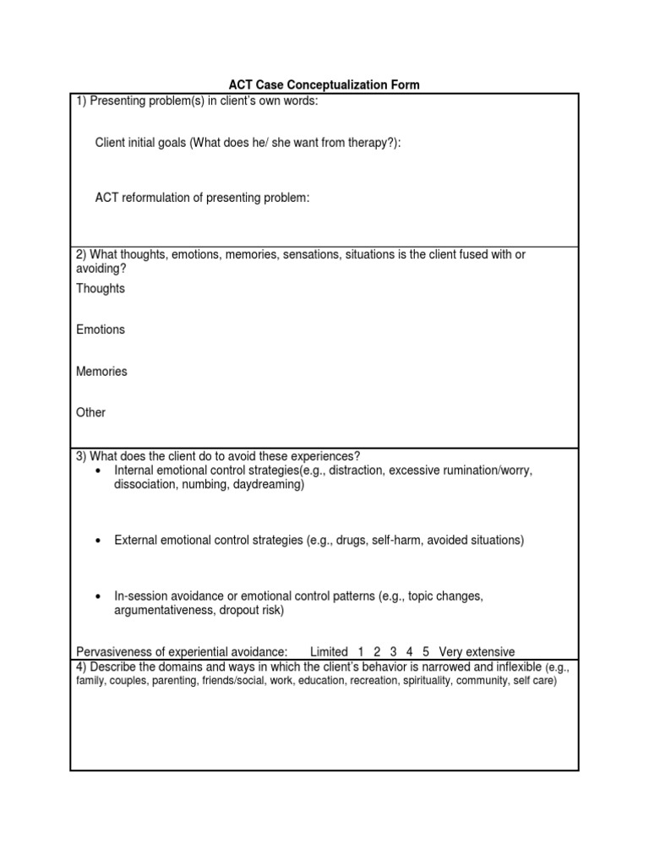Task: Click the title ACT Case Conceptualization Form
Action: click(x=324, y=85)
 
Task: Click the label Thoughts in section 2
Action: click(x=101, y=289)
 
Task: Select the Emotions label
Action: click(x=101, y=330)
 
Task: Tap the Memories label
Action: click(x=101, y=372)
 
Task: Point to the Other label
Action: click(x=91, y=413)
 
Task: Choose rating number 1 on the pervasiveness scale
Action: click(x=361, y=652)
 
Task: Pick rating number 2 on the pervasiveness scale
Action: click(x=377, y=652)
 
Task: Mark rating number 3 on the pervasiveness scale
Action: click(x=393, y=652)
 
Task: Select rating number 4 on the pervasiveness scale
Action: click(x=410, y=652)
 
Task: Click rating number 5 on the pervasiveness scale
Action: click(x=426, y=652)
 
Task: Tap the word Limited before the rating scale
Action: click(x=329, y=652)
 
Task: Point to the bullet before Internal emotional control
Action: click(x=100, y=471)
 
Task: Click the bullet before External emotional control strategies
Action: click(x=100, y=541)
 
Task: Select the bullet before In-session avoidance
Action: click(x=100, y=596)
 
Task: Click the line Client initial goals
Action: click(x=248, y=144)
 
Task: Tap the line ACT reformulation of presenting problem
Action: click(x=203, y=199)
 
